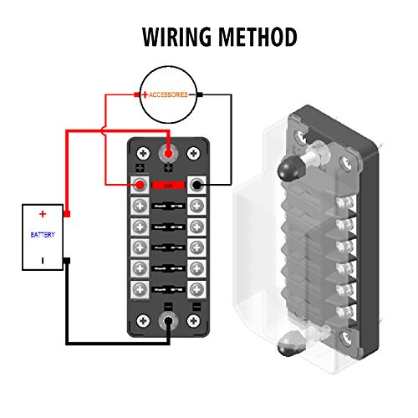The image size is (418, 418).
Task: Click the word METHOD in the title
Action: click(257, 38)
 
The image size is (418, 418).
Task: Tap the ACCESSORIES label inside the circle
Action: click(171, 95)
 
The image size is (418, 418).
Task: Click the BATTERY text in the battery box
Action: click(42, 235)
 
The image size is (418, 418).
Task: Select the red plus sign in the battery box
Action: click(42, 215)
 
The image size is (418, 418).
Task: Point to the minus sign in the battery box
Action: click(42, 260)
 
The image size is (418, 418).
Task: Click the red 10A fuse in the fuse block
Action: click(168, 185)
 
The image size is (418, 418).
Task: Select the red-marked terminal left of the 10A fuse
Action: click(140, 185)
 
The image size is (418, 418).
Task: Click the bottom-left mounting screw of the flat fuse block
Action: click(142, 320)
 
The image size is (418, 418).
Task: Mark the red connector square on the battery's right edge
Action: click(67, 215)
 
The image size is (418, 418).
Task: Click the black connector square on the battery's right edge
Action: click(67, 260)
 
